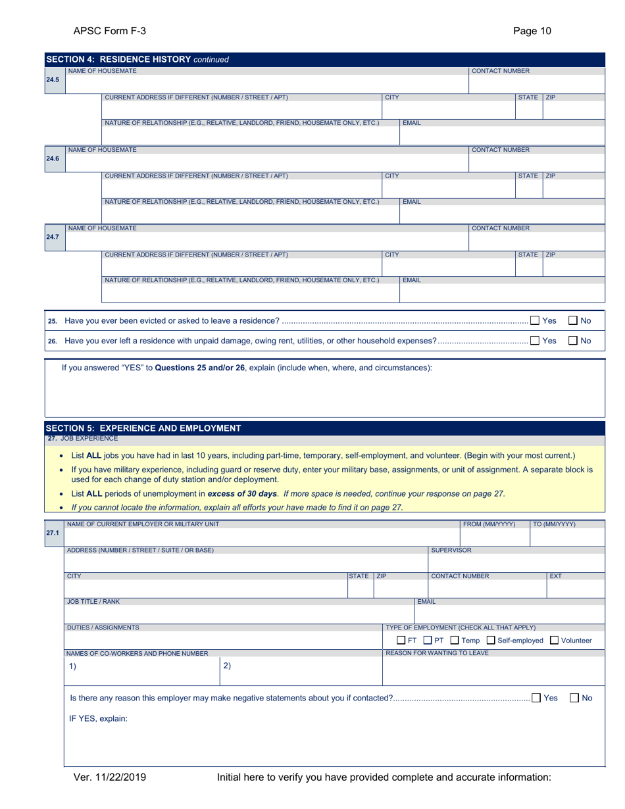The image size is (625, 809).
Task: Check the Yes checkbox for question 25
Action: (x=536, y=321)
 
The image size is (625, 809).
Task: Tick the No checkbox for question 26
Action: (x=573, y=341)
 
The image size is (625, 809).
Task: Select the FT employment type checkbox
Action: (x=401, y=640)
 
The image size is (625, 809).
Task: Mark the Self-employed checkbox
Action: (x=490, y=640)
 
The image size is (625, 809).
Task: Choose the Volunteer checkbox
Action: (x=554, y=640)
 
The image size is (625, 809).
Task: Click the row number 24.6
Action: (x=53, y=158)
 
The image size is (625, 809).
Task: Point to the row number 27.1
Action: (x=53, y=533)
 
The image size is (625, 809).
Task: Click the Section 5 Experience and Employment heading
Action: (x=143, y=428)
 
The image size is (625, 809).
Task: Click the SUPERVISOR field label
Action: (x=451, y=550)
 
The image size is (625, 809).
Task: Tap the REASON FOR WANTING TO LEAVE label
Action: (x=437, y=653)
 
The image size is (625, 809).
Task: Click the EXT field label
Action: (x=555, y=576)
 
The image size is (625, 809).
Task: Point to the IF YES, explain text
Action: (x=98, y=718)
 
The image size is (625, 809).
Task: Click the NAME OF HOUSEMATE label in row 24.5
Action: (x=103, y=70)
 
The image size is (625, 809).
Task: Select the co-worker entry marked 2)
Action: (x=227, y=666)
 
